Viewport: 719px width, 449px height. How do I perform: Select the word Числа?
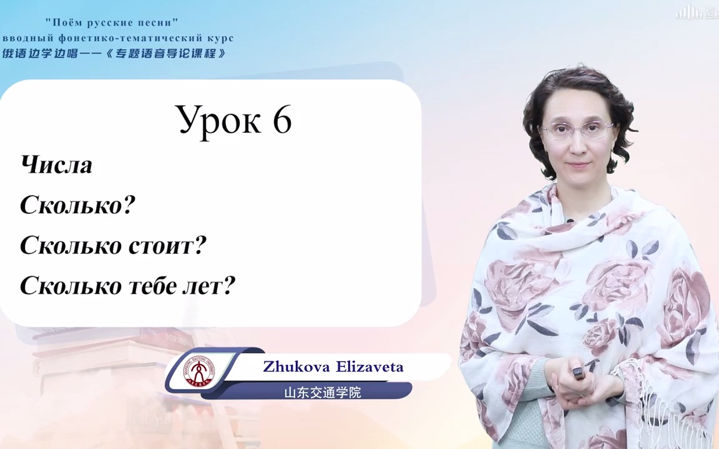click(x=56, y=165)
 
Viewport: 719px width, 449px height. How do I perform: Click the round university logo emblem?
click(x=195, y=371)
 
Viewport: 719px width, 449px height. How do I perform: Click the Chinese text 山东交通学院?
click(x=322, y=393)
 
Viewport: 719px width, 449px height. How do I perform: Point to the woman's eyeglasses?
click(x=576, y=130)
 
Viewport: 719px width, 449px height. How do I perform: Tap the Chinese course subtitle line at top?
click(x=114, y=54)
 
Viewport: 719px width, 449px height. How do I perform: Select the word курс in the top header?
click(x=219, y=39)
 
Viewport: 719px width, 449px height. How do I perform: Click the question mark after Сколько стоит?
click(x=200, y=246)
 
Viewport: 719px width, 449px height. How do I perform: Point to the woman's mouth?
click(x=578, y=165)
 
